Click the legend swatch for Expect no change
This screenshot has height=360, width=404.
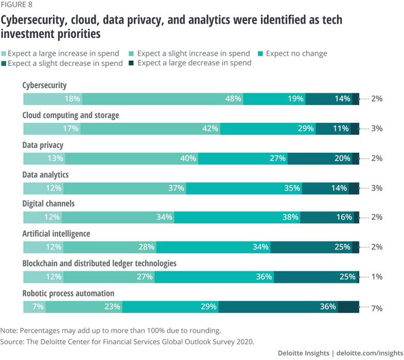tap(260, 53)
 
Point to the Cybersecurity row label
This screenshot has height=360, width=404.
tap(45, 86)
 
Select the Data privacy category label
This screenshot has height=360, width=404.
tap(43, 145)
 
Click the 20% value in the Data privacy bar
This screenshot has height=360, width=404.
tap(342, 158)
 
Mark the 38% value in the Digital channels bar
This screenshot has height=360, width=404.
tap(291, 217)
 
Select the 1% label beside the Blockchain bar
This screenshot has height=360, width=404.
tap(376, 277)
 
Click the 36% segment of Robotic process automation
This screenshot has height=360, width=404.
tap(327, 307)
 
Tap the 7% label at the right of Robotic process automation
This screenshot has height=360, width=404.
tap(376, 308)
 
